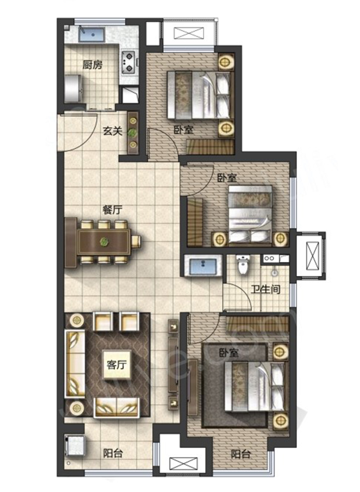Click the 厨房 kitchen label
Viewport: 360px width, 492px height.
[92, 65]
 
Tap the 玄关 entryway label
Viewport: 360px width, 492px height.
[112, 131]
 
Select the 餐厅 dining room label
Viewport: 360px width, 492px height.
[113, 209]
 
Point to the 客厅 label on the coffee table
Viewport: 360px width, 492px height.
[117, 365]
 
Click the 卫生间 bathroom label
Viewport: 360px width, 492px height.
[265, 289]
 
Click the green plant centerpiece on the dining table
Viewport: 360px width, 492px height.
[104, 242]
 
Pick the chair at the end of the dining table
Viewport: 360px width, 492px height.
[136, 242]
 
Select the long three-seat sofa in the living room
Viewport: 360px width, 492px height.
[75, 364]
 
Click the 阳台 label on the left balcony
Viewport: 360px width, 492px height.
[113, 453]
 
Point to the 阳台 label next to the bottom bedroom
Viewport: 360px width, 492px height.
[241, 454]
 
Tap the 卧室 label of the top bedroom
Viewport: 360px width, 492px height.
[184, 130]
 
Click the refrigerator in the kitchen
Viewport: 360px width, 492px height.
[74, 88]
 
